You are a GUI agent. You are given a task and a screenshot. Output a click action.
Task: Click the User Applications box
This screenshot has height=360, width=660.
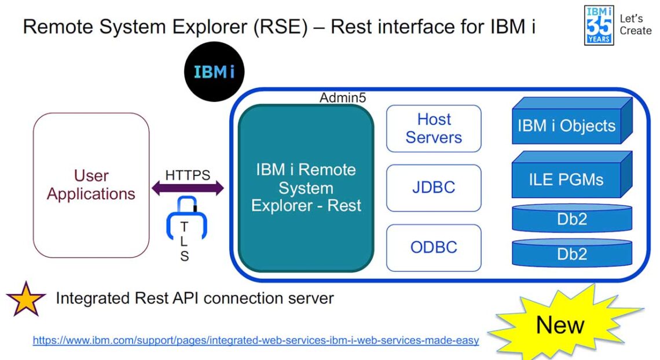[x=91, y=185]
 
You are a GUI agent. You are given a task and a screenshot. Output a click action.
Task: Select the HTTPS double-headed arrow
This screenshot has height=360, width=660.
[x=188, y=188]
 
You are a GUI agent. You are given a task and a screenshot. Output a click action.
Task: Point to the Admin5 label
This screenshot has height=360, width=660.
[x=343, y=98]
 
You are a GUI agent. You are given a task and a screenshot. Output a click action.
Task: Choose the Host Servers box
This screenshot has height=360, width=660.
[x=434, y=128]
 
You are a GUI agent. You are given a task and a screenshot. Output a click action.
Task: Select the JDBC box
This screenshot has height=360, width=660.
[x=434, y=188]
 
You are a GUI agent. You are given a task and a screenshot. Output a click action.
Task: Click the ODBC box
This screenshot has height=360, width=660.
[x=434, y=247]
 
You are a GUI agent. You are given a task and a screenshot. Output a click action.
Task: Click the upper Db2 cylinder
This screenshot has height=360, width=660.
[x=571, y=219]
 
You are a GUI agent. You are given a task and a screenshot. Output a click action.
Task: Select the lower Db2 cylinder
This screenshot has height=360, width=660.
[x=571, y=254]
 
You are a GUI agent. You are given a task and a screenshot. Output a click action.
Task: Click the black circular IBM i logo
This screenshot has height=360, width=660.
[x=214, y=72]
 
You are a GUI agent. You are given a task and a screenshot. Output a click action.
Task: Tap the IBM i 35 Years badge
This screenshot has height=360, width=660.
[x=599, y=24]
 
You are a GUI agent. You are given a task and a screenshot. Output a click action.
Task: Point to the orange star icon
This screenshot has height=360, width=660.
[x=26, y=299]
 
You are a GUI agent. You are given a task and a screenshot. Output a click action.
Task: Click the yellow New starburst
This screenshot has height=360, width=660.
[x=559, y=325]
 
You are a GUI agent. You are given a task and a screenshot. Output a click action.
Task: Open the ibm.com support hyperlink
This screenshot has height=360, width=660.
[x=255, y=340]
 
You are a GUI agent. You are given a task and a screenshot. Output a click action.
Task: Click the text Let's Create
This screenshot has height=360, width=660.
[x=635, y=24]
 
